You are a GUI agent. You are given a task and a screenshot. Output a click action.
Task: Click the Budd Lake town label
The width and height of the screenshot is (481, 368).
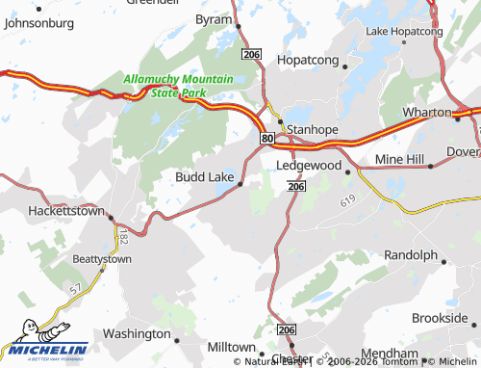(x=203, y=176)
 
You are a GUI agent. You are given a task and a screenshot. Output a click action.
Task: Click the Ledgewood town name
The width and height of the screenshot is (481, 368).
(x=309, y=166)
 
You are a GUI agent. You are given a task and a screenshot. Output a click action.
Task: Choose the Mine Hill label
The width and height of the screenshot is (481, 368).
(x=399, y=157)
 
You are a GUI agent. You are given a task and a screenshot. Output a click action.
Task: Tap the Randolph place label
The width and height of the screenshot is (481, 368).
(x=411, y=255)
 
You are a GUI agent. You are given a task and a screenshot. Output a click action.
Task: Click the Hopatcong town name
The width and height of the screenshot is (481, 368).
(x=308, y=60)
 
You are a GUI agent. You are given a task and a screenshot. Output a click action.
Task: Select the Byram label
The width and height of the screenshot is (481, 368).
(x=214, y=18)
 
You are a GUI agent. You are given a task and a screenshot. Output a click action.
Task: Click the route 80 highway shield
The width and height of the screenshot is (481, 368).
(x=266, y=139)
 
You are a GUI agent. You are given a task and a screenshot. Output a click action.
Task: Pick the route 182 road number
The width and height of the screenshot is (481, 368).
(x=125, y=236)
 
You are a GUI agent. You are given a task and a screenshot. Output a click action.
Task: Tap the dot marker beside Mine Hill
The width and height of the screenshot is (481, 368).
(x=430, y=165)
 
